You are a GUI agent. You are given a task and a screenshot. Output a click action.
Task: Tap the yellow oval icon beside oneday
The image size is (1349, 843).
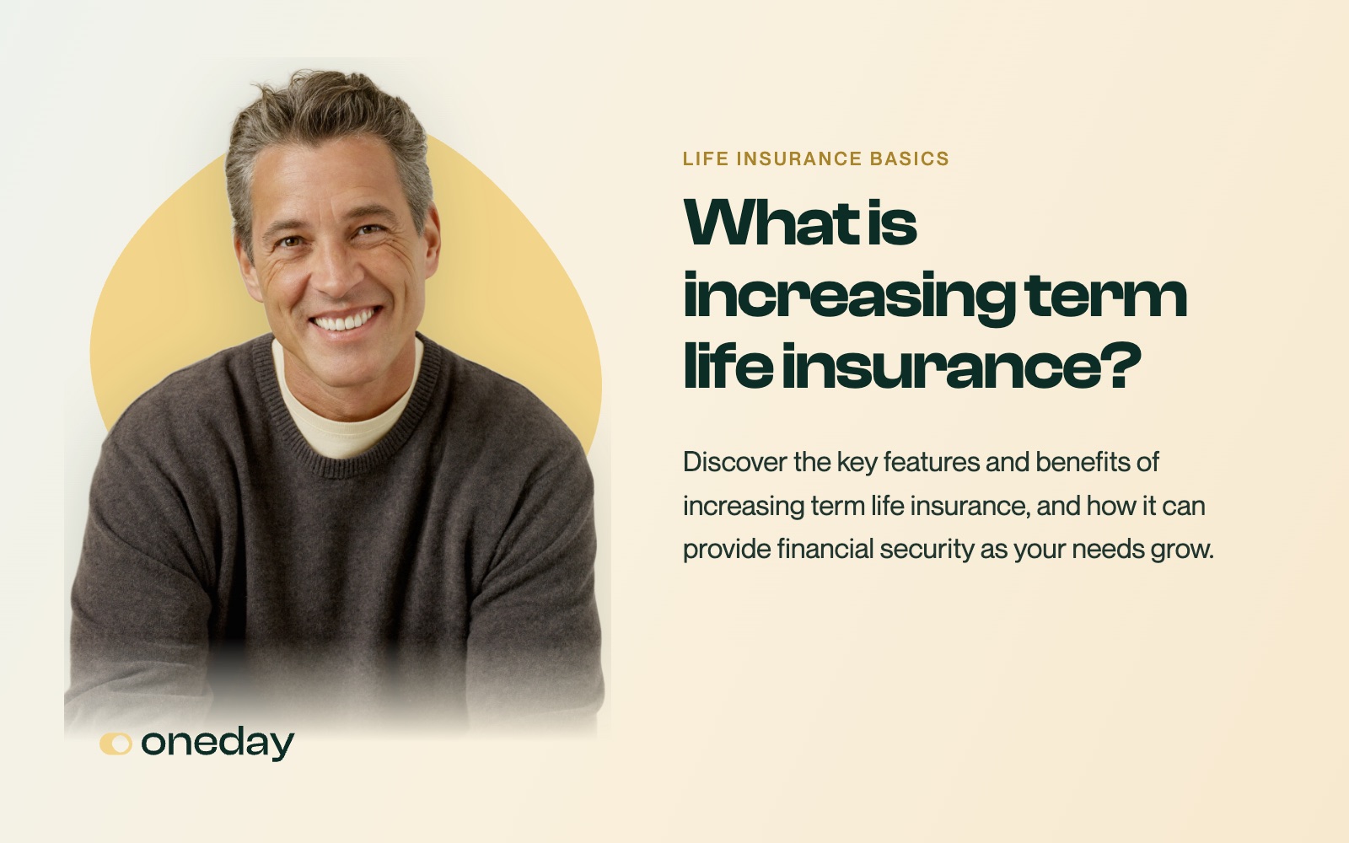(116, 744)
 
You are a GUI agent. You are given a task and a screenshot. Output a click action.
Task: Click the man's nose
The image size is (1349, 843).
(336, 274)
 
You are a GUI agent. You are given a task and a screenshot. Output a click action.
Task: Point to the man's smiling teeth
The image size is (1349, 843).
(345, 319)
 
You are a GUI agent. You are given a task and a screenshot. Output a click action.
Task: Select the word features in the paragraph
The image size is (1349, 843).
(932, 463)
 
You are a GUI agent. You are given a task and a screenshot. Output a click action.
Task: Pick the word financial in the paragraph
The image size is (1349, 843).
(825, 549)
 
